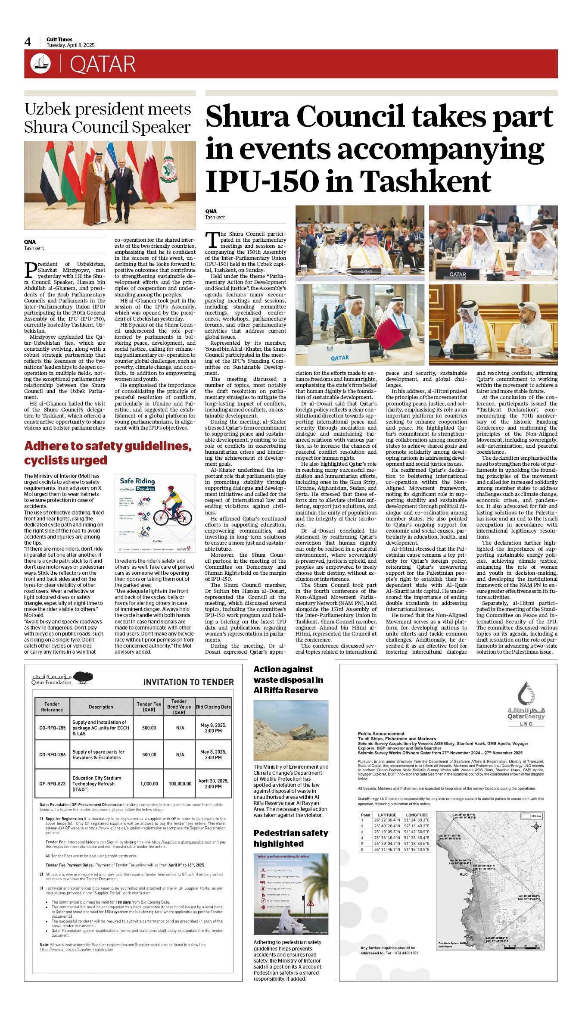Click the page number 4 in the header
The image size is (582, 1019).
(28, 42)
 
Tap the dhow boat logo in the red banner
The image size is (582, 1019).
(40, 64)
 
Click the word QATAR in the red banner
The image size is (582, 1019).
(103, 65)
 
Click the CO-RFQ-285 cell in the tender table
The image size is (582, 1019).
(53, 728)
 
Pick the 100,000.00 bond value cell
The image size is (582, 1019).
(180, 784)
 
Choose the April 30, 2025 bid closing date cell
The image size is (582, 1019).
(213, 784)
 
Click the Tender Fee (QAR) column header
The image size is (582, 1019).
(149, 707)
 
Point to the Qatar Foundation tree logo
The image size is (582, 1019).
(83, 678)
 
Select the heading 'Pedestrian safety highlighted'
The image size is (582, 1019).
(291, 838)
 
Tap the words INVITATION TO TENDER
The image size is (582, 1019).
(188, 682)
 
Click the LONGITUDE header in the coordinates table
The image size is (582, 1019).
(417, 815)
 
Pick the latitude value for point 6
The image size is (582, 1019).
(387, 849)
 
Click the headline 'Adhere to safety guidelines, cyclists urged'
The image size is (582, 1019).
(108, 453)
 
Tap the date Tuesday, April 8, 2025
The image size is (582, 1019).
(71, 45)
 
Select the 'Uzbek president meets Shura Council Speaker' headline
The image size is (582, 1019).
(108, 118)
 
